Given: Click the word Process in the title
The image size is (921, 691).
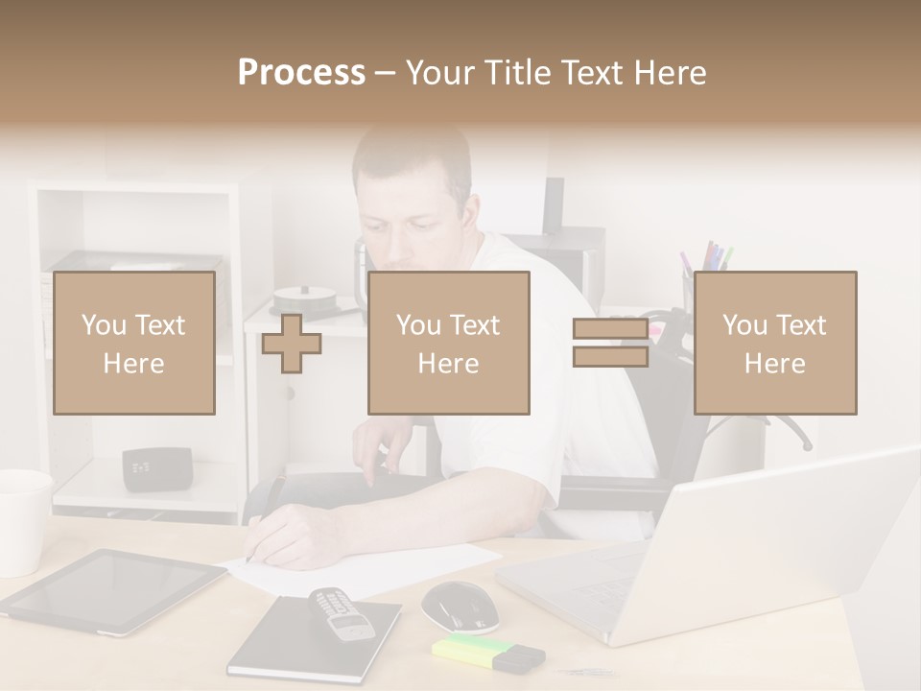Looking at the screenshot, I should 301,73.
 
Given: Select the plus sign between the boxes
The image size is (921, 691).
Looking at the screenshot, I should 292,343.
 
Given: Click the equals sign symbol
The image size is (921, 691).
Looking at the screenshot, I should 610,343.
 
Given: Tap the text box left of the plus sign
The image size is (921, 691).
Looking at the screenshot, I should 134,343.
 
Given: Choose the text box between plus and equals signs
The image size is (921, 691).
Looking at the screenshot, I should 449,343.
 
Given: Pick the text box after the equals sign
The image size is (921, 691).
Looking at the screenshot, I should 775,343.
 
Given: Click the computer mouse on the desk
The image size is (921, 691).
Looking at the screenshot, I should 459,606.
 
